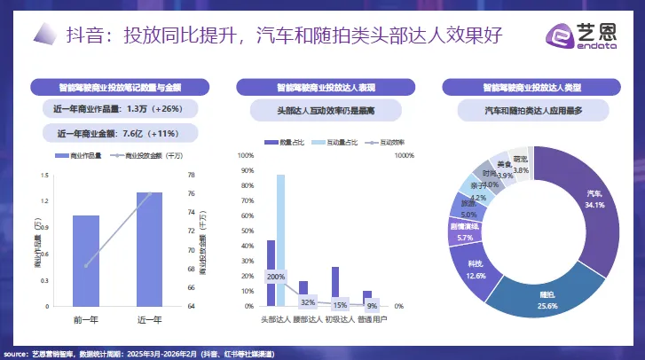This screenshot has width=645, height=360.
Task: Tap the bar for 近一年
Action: [149, 248]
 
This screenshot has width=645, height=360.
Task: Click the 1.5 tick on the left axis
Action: [45, 176]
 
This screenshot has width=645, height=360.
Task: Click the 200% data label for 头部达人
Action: [276, 277]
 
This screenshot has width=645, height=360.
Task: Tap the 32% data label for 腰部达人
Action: [308, 301]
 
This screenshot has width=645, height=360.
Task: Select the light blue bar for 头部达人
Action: [281, 239]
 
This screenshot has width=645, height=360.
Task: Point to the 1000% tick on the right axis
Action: [404, 156]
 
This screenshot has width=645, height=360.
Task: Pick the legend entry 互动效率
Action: [387, 141]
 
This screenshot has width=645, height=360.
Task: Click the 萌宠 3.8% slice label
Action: [521, 164]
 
